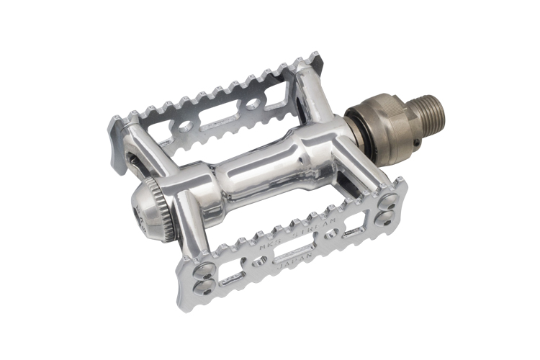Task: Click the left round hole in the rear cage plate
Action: pos(185,127)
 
